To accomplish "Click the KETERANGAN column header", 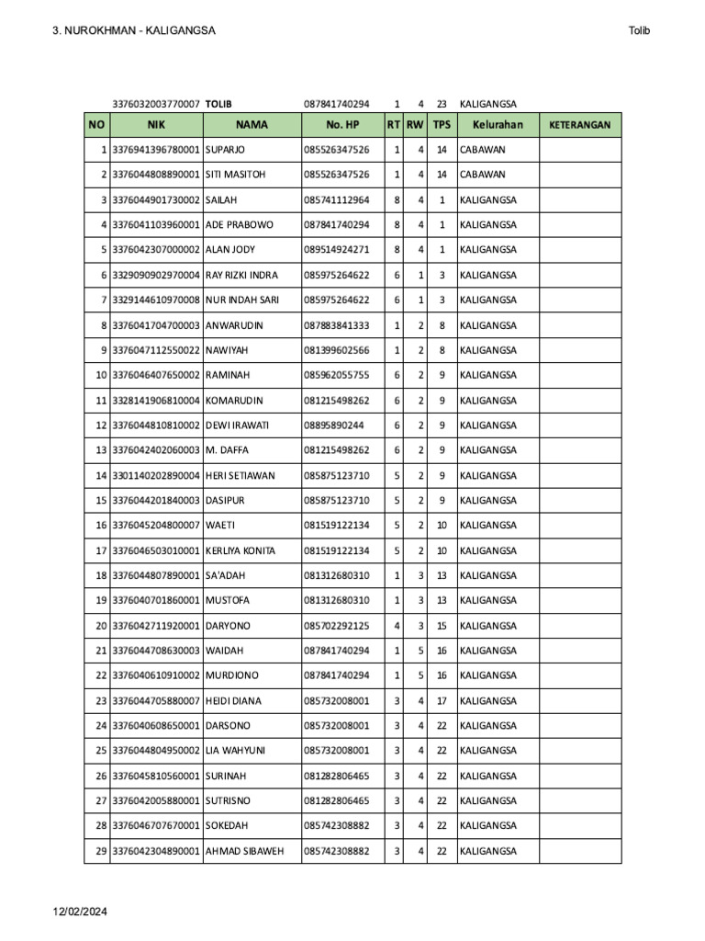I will (x=579, y=125).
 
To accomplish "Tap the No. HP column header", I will (x=342, y=125).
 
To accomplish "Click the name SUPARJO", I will (x=225, y=150).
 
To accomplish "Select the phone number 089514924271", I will (x=336, y=250).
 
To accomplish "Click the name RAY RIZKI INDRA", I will (x=241, y=275).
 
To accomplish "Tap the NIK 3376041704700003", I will (x=156, y=325).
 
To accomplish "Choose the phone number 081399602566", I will (x=336, y=350).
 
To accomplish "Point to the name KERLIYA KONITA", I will (x=241, y=550).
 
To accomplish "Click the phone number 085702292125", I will (x=336, y=626).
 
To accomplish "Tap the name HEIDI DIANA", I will (x=233, y=701).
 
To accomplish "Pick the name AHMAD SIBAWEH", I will (x=244, y=852).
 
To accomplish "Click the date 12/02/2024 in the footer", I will (x=80, y=912).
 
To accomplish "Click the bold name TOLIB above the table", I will (x=218, y=105).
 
